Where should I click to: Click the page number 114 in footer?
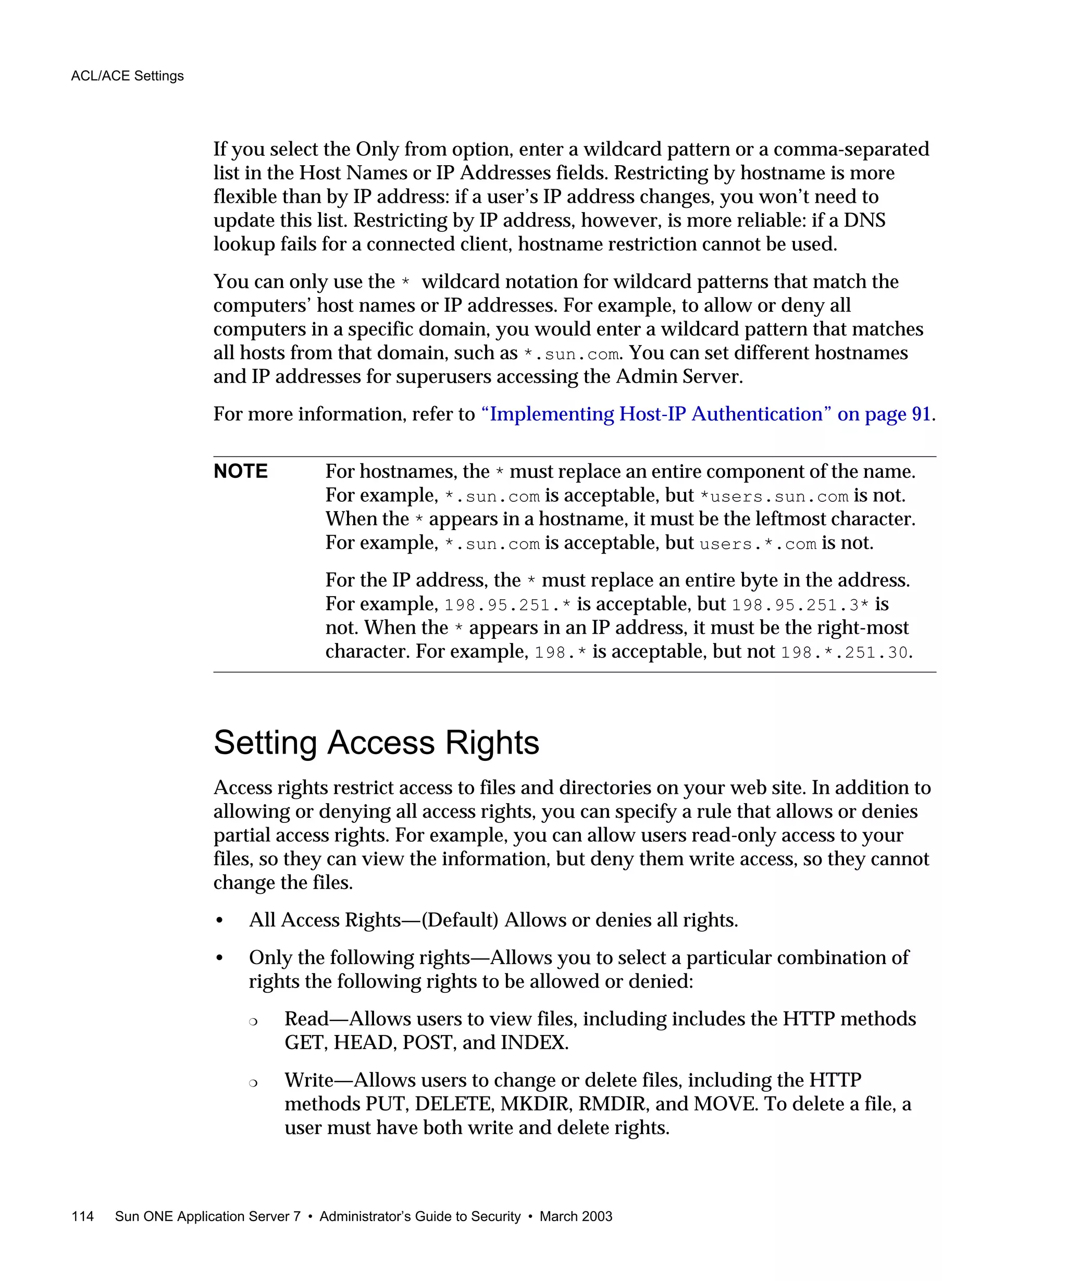tap(82, 1216)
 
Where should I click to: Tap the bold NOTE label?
tap(241, 471)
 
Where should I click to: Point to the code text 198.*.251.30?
tap(845, 652)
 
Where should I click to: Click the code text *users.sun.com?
tap(774, 496)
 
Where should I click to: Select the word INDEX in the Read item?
tap(533, 1042)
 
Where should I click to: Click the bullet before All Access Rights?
tap(219, 920)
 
